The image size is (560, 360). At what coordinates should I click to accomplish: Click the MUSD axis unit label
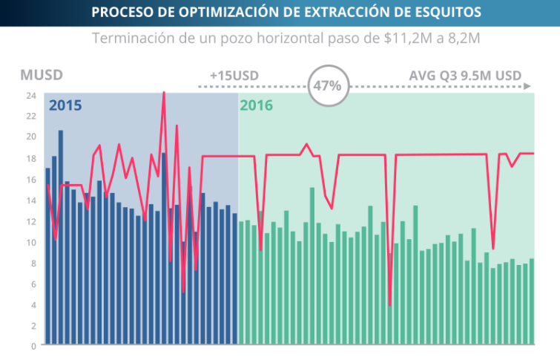click(x=42, y=75)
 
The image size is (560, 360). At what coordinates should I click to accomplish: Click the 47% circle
click(x=327, y=85)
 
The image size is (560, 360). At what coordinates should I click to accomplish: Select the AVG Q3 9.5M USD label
click(x=465, y=75)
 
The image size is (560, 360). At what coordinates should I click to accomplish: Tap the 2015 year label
click(x=65, y=105)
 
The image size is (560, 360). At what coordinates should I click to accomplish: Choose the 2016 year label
click(x=256, y=105)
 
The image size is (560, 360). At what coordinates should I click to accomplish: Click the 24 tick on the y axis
click(x=31, y=96)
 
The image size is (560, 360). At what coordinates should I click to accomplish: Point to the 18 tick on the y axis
click(x=31, y=158)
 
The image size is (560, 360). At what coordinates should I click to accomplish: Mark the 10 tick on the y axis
click(x=31, y=242)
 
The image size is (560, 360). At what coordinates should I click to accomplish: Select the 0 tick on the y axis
click(x=33, y=346)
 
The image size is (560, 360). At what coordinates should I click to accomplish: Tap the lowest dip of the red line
click(x=389, y=305)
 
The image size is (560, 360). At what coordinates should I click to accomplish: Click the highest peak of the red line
click(x=164, y=93)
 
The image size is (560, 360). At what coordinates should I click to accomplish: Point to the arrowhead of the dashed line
click(x=529, y=86)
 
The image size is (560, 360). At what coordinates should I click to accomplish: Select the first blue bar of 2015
click(x=47, y=255)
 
